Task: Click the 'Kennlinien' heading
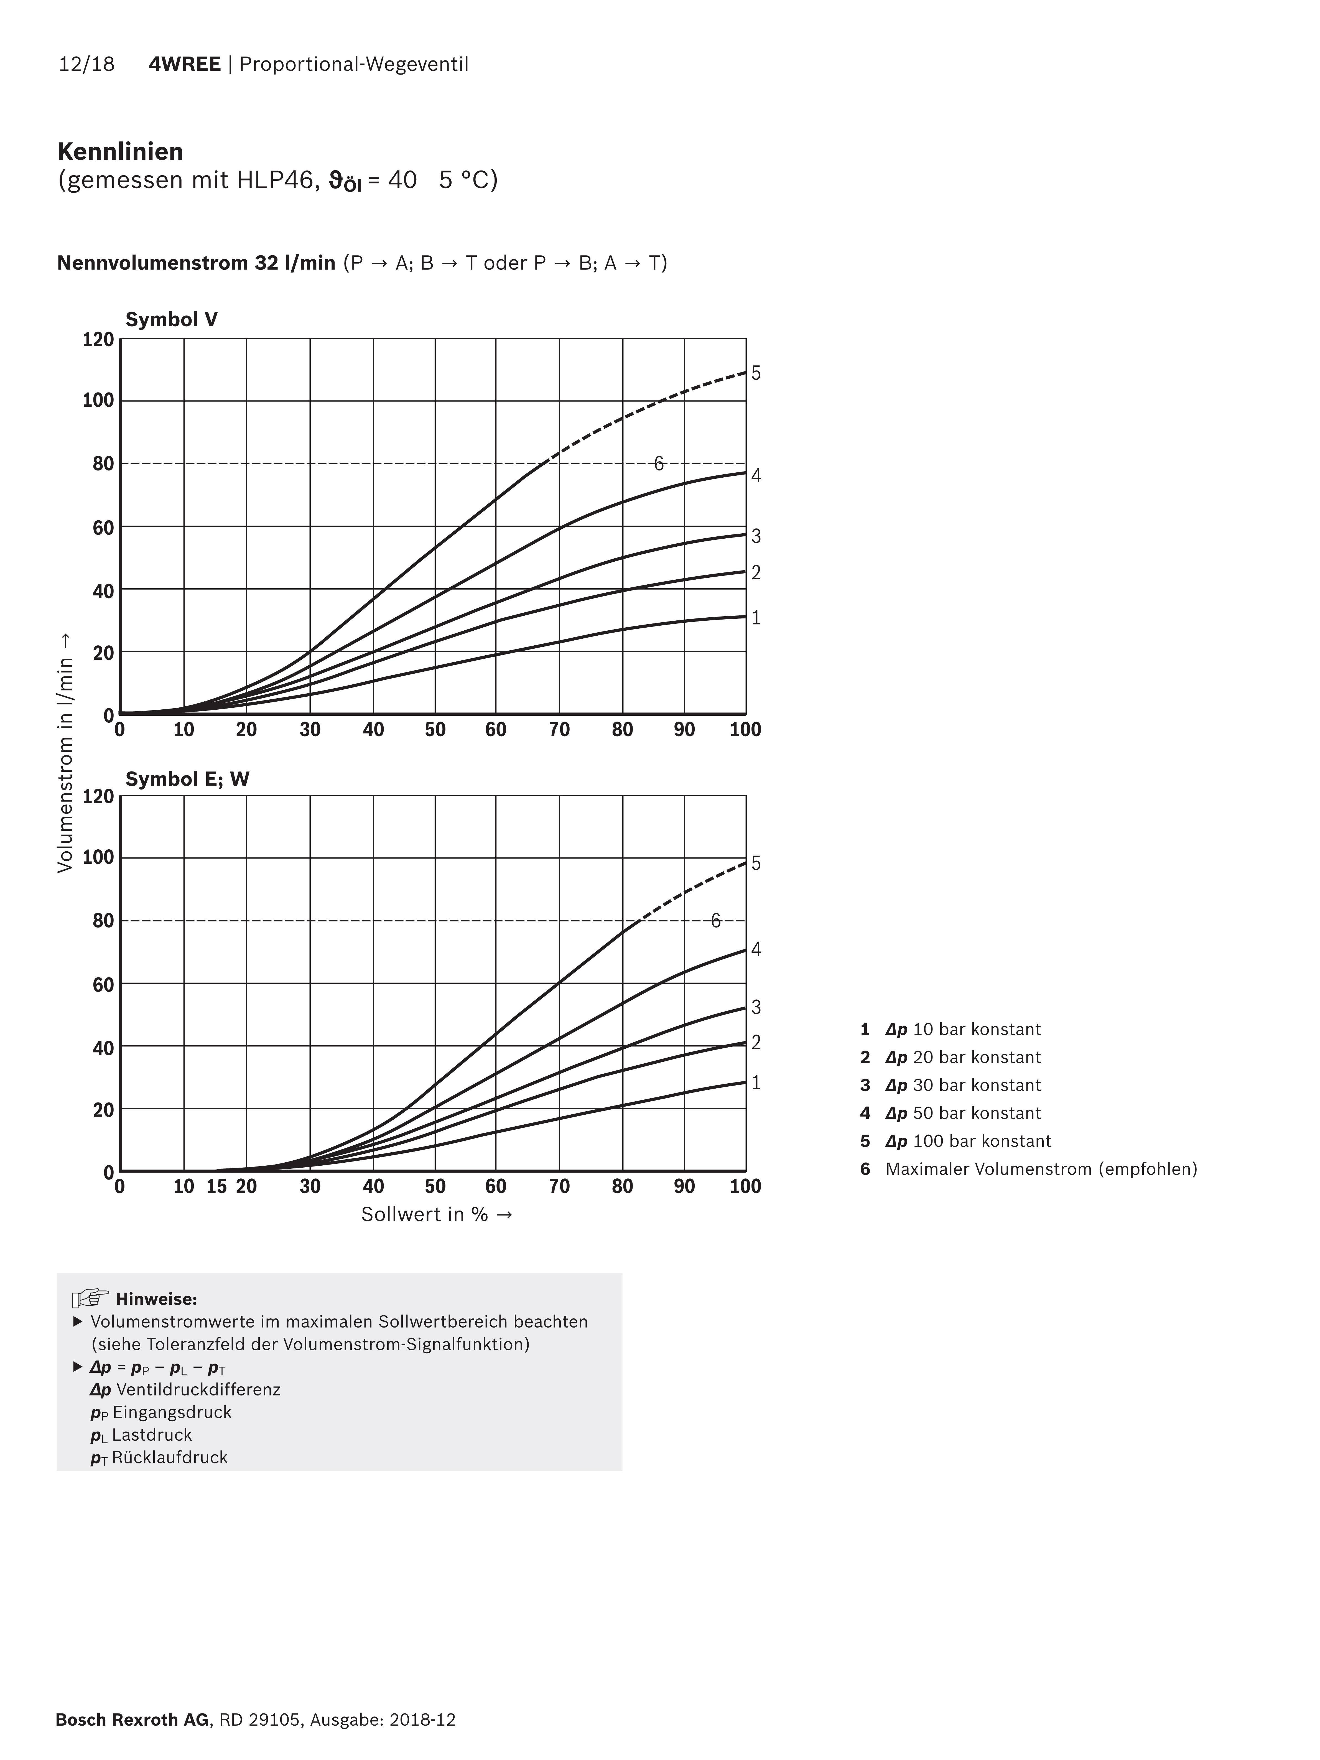point(120,151)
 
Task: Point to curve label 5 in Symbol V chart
point(756,373)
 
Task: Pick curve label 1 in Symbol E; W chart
point(756,1082)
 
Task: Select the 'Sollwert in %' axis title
point(436,1214)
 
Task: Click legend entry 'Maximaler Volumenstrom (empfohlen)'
point(1041,1169)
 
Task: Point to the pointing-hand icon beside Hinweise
point(90,1298)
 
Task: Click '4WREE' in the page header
point(185,64)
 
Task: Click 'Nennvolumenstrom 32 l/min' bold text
point(196,263)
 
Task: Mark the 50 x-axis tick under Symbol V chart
point(435,730)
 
